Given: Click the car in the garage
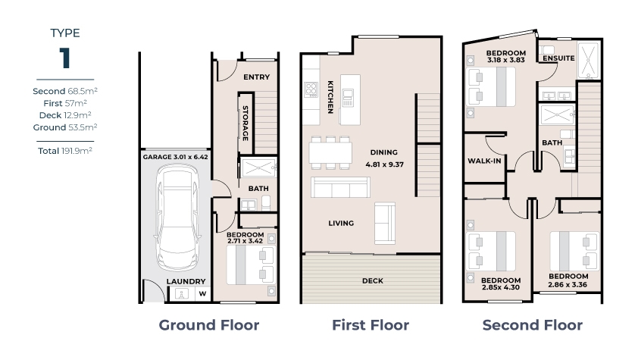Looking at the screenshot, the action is point(177,217).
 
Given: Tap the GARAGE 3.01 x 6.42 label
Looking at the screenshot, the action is point(175,157).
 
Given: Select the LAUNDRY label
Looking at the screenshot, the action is point(186,281).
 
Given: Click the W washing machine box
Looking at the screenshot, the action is point(202,294).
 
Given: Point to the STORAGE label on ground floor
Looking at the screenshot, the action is point(246,124).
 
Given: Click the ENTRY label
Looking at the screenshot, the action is point(256,77).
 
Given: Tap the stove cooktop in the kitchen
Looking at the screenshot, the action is point(311,89).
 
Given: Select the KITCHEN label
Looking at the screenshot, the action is point(330,97).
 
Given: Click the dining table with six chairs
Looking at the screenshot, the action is point(330,153).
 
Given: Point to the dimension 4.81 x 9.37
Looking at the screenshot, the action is point(384,164).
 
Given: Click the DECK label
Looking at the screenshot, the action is point(372,280).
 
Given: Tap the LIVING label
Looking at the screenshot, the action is point(341,224).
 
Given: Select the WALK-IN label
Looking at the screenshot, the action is point(484,161).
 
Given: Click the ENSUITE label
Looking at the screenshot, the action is point(558,58).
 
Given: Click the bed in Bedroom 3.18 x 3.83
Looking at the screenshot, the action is point(492,86).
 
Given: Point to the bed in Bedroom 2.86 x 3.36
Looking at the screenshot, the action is point(574,251).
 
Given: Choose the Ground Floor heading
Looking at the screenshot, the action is point(208,325).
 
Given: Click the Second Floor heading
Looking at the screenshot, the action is point(532,325).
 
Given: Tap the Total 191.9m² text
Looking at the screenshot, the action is point(65,151).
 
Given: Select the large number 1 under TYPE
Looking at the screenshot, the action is point(64,58).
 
